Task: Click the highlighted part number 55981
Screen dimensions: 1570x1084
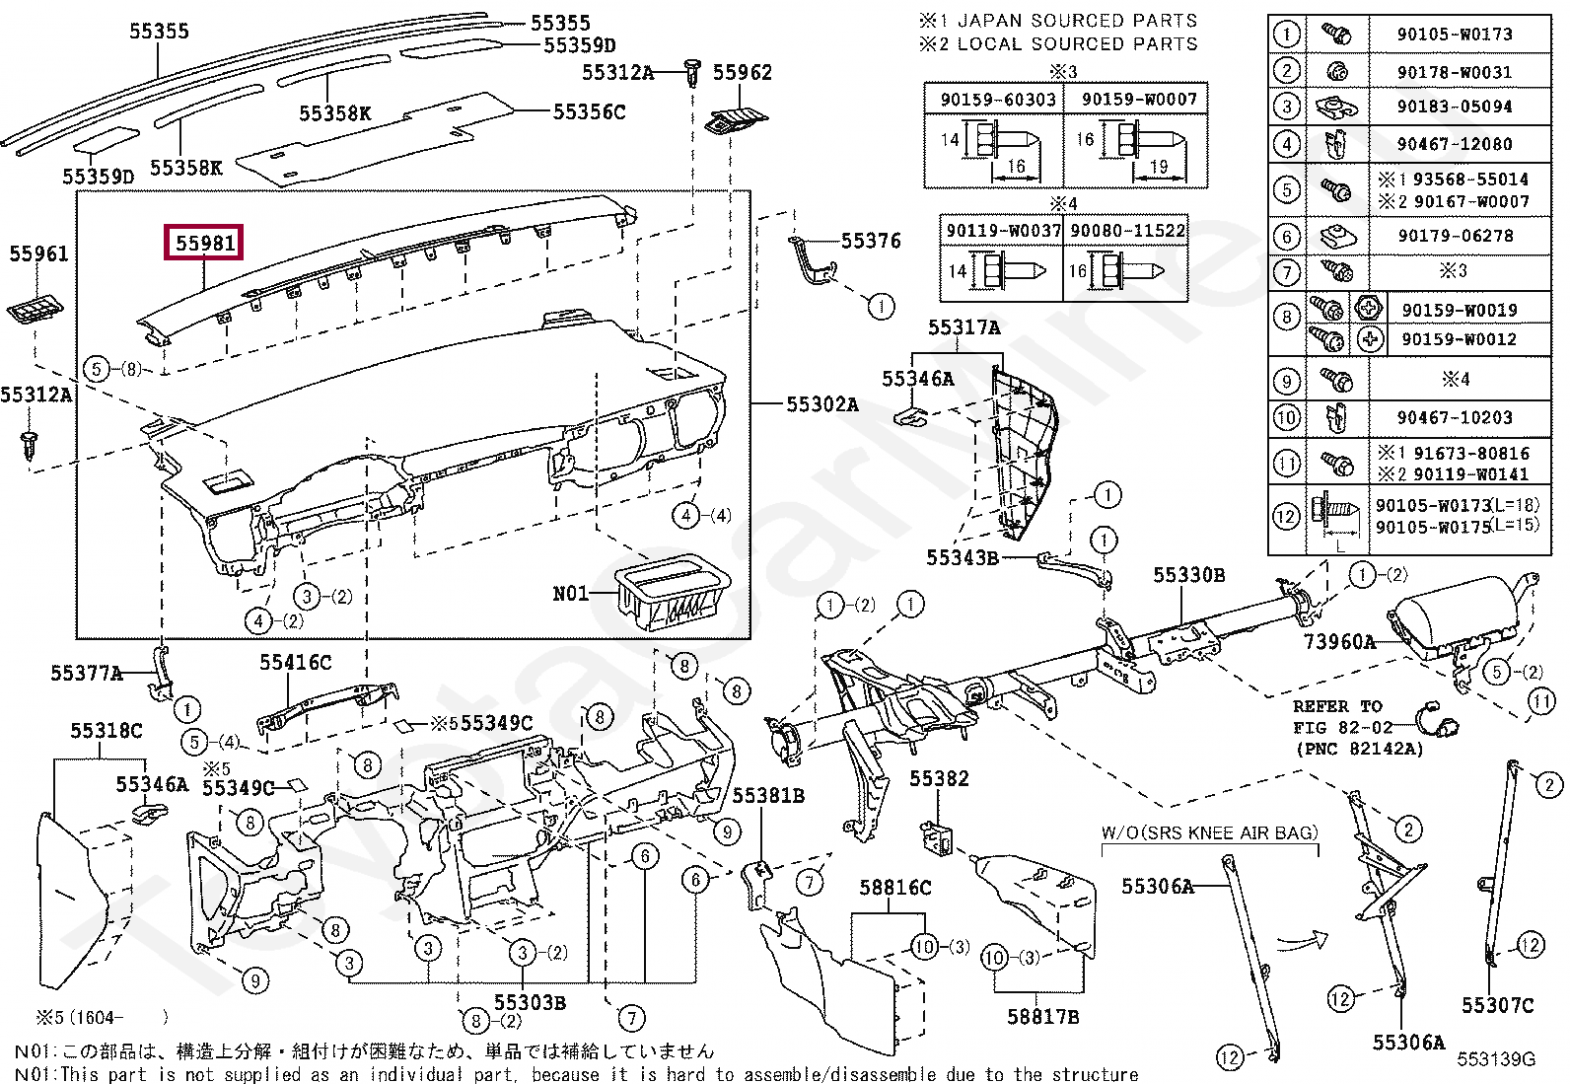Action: tap(204, 243)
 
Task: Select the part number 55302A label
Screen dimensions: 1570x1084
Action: tap(822, 404)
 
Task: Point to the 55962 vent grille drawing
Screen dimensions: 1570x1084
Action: tap(731, 121)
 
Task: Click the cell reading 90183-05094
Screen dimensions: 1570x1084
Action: tap(1455, 107)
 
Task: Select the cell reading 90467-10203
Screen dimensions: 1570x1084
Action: tap(1455, 418)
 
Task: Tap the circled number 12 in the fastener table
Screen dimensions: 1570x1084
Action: tap(1286, 518)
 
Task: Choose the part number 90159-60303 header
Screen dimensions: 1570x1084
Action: tap(997, 100)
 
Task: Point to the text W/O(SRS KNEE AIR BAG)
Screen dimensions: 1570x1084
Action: tap(1210, 832)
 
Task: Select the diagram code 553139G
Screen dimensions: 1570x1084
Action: tap(1496, 1058)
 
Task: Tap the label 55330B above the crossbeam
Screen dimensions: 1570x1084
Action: tap(1188, 575)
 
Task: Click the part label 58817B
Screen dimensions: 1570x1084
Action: tap(1043, 1016)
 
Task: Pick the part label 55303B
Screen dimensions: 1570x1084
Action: tap(530, 1003)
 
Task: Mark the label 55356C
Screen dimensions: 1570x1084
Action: tap(589, 111)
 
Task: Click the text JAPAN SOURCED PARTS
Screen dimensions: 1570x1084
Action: tap(1077, 21)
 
